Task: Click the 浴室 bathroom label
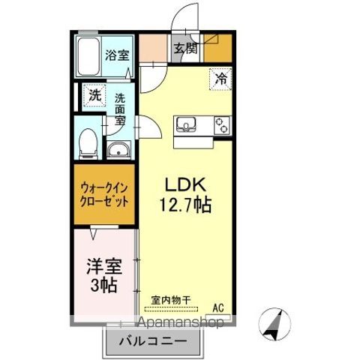pyautogui.click(x=115, y=54)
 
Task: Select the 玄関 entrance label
pyautogui.click(x=185, y=49)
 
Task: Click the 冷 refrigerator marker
pyautogui.click(x=220, y=76)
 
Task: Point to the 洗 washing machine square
pyautogui.click(x=94, y=95)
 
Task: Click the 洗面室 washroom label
pyautogui.click(x=120, y=108)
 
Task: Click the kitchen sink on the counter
pyautogui.click(x=185, y=124)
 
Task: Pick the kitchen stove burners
pyautogui.click(x=221, y=124)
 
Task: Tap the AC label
pyautogui.click(x=218, y=307)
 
